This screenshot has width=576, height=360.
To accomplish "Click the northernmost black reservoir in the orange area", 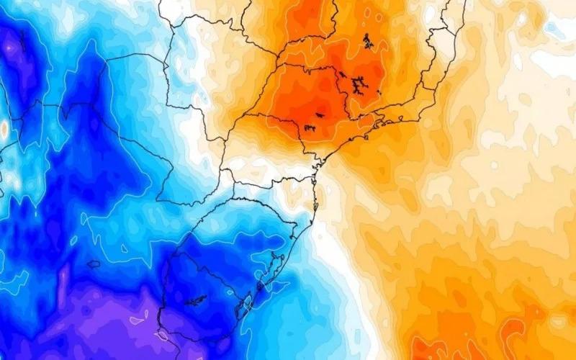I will click(368, 41).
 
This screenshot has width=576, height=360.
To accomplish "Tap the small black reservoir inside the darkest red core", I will click(320, 114).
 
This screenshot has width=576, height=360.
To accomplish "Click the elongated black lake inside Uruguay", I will click(195, 298).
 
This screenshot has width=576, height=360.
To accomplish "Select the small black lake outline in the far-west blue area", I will click(94, 264).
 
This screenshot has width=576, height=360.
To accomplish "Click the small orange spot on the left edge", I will click(4, 130).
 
